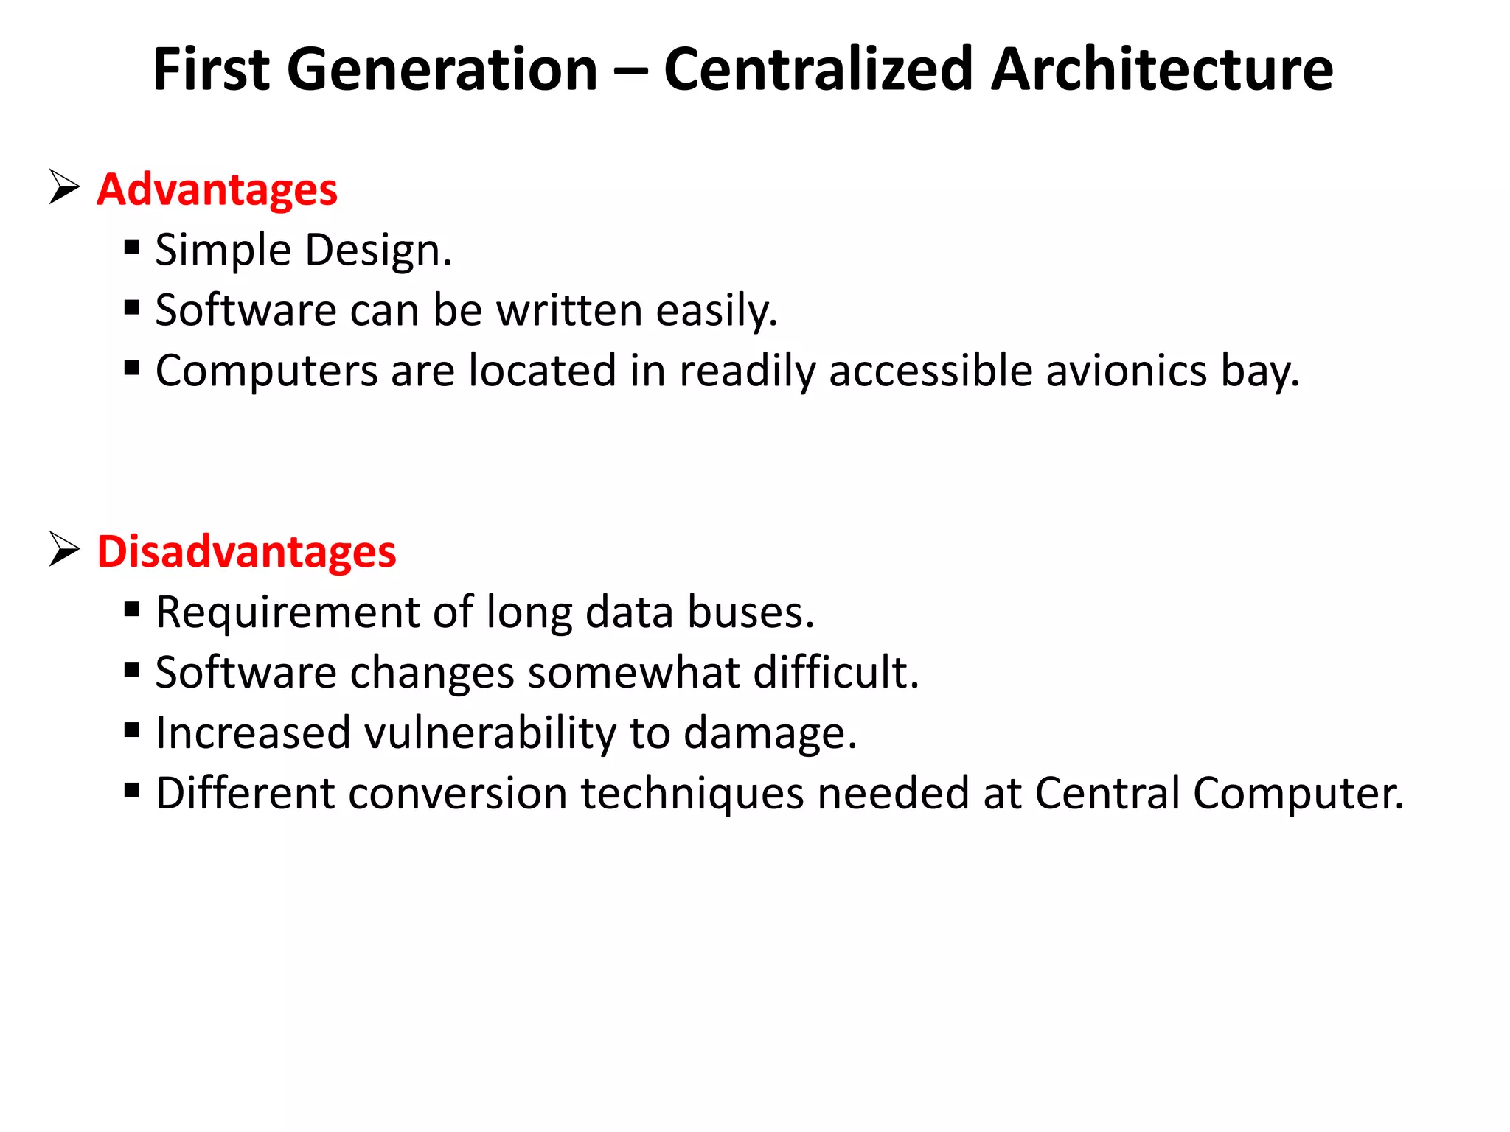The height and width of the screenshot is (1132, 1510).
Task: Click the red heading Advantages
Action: point(217,189)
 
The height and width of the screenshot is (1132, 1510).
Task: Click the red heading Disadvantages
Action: point(246,551)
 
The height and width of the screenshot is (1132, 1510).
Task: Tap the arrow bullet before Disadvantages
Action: point(64,549)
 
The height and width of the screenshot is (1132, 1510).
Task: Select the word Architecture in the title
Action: point(1161,69)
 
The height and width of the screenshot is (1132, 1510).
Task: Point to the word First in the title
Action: point(211,69)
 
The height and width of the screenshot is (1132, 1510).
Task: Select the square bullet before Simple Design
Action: point(132,246)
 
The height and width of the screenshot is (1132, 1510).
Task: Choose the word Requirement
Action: point(288,613)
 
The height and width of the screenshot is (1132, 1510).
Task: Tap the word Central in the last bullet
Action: point(1107,794)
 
